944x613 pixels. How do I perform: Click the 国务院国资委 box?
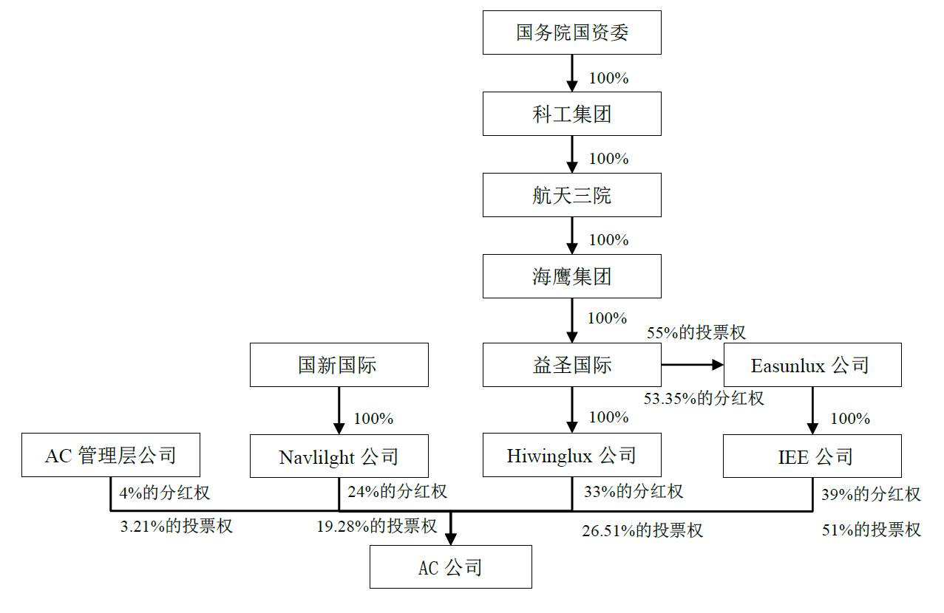coord(571,32)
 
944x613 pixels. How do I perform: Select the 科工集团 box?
coord(571,114)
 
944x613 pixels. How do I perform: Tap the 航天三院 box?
coord(571,195)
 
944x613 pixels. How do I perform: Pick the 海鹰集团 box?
coord(571,276)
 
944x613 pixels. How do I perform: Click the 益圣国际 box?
coord(571,365)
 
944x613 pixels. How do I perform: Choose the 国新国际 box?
coord(339,365)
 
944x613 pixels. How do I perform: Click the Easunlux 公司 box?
coord(812,365)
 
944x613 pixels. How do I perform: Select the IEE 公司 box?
coord(812,456)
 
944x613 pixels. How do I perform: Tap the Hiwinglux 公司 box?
coord(571,456)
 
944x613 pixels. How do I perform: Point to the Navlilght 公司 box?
coord(339,456)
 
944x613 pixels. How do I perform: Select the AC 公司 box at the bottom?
coord(450,566)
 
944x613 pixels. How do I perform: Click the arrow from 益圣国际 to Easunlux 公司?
coord(691,365)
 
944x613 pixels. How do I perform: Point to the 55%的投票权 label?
coord(696,332)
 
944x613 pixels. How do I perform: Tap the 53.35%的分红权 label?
coord(704,398)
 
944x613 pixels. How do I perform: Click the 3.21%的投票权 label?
coord(176,526)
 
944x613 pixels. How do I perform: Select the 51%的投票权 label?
coord(872,529)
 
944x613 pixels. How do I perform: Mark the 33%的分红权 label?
coord(633,490)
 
